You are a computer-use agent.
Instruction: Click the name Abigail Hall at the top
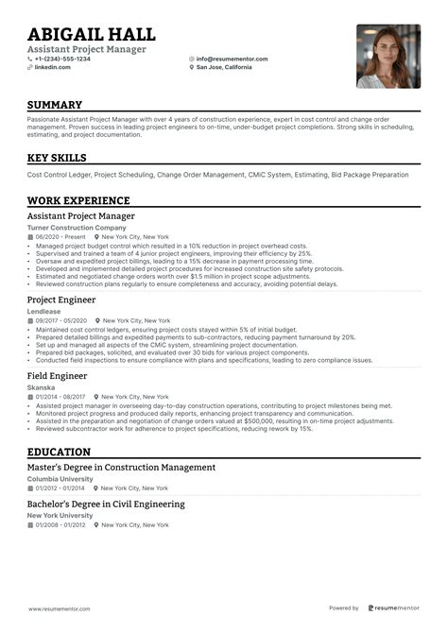point(91,35)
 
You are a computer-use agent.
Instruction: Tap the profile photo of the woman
point(388,56)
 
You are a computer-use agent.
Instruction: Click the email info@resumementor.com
point(232,59)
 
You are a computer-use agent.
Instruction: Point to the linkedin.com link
point(52,67)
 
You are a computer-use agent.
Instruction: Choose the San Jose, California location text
point(227,67)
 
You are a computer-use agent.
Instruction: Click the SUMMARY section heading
point(55,105)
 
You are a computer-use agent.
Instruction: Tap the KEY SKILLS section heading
point(57,158)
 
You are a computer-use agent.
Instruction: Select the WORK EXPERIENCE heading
point(78,200)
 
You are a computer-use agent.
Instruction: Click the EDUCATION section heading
point(59,453)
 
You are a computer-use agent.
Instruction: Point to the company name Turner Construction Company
point(77,228)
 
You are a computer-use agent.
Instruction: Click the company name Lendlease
point(43,312)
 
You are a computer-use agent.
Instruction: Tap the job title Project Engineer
point(61,299)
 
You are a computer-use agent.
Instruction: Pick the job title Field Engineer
point(57,376)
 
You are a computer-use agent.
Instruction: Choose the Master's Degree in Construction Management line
point(121,468)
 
